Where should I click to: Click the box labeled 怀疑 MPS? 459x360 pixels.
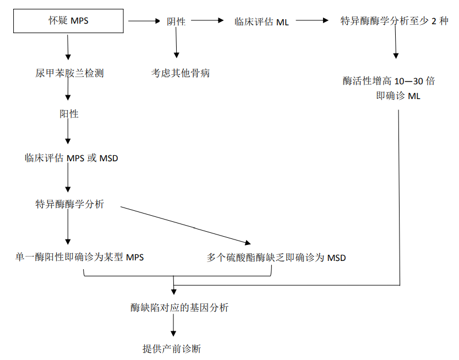click(x=68, y=21)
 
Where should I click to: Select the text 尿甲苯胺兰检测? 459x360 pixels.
click(x=69, y=73)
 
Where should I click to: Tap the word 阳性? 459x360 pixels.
click(x=69, y=114)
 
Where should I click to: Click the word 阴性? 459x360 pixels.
click(x=176, y=21)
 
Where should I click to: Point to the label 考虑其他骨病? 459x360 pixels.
click(x=181, y=73)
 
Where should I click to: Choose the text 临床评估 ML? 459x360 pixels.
click(x=261, y=21)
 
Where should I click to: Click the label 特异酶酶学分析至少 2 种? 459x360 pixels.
click(x=395, y=21)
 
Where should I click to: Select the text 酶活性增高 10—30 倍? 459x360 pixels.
click(x=389, y=81)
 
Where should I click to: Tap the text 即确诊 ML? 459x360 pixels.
click(x=398, y=95)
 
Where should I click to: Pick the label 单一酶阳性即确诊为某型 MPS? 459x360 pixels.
click(x=80, y=257)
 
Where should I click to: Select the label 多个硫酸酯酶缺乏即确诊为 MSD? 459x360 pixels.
click(x=276, y=257)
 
